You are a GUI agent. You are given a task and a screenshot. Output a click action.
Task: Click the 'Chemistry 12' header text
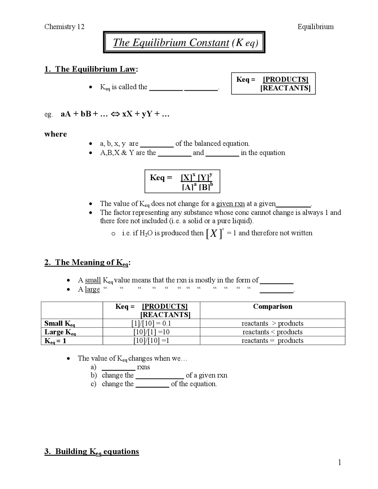pos(64,27)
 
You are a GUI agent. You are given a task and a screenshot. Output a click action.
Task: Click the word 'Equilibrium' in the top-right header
pos(315,27)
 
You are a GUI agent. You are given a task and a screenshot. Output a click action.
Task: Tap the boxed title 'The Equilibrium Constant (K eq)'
pos(185,43)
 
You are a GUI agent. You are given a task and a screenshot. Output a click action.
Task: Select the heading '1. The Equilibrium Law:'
pos(91,69)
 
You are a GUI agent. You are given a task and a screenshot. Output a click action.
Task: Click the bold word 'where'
pos(56,134)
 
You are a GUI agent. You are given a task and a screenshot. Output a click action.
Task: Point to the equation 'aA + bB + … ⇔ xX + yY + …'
pos(115,114)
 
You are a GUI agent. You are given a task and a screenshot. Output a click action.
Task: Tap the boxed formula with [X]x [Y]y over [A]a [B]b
pos(182,181)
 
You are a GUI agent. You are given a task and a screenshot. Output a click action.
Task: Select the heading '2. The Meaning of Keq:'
pos(87,263)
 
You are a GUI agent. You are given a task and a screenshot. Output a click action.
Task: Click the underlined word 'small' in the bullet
pos(93,280)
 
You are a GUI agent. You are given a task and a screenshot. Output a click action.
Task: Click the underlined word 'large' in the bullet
pos(92,289)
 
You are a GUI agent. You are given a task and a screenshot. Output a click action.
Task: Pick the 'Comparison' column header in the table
pos(273,307)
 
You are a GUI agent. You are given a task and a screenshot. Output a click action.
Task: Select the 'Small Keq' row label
pos(60,323)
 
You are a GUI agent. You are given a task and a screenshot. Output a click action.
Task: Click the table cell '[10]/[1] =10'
pos(151,332)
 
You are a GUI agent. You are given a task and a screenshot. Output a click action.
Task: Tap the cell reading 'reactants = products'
pos(272,340)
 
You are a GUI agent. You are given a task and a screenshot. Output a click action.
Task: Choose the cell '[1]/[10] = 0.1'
pos(151,323)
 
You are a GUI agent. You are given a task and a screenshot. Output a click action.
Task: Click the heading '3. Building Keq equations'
pos(92,451)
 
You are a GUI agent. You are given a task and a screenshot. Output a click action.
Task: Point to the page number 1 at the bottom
pos(340,462)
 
